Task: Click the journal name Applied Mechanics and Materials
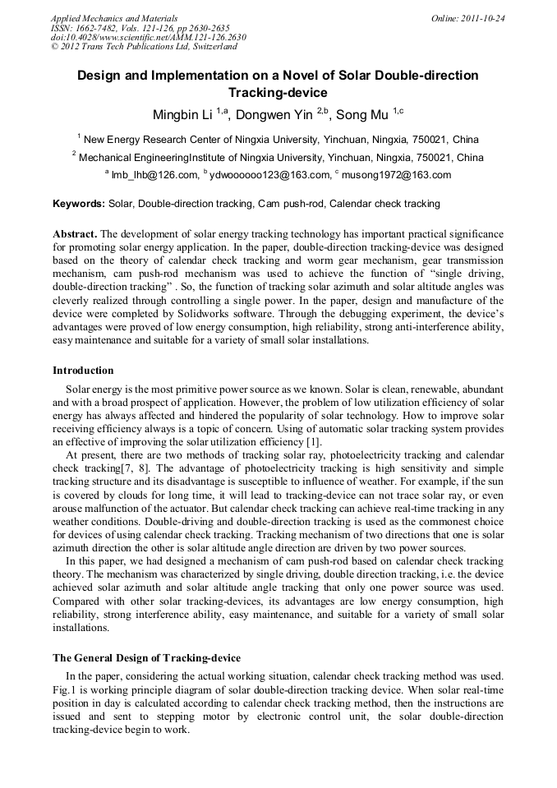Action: pos(114,18)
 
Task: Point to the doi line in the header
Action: pos(148,37)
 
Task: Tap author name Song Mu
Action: pos(362,114)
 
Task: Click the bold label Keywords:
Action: pos(79,203)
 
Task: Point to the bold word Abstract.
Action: pos(76,234)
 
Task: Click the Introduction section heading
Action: pos(83,371)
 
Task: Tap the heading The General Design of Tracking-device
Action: pos(146,657)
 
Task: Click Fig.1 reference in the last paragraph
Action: pos(66,691)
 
